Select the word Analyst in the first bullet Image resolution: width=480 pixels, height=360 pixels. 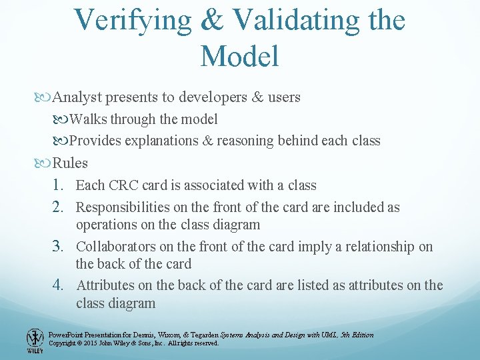(x=77, y=97)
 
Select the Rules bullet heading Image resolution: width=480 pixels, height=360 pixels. (x=70, y=163)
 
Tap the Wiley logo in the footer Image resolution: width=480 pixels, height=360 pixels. (x=35, y=341)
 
